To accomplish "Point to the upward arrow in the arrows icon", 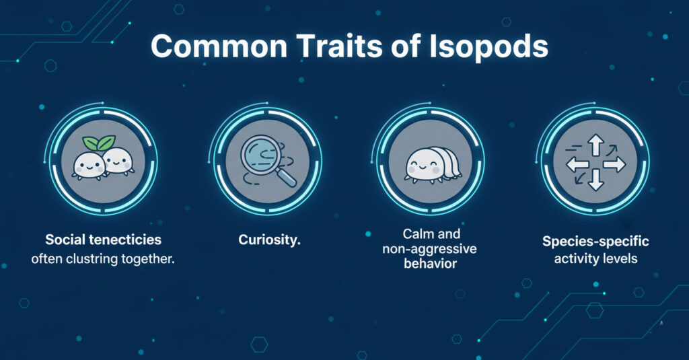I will point(595,145).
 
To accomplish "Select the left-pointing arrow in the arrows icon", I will point(577,163).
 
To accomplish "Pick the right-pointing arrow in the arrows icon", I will point(613,163).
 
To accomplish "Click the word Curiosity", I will point(267,240).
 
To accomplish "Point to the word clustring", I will point(98,258).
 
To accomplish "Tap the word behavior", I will point(431,263).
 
